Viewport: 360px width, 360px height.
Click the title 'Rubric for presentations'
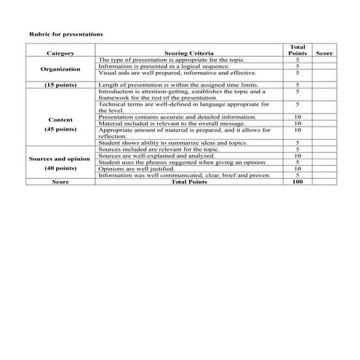[x=65, y=34]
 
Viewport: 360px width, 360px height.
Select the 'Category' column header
[x=60, y=53]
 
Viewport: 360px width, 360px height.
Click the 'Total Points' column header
[x=297, y=49]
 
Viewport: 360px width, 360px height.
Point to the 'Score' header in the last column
[x=325, y=53]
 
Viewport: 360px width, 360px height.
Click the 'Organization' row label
[x=60, y=69]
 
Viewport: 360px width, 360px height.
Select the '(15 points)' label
[x=60, y=85]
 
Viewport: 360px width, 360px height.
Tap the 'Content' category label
[x=60, y=119]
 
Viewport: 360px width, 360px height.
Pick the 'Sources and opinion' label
[x=60, y=159]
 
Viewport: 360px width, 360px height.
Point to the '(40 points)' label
[x=60, y=168]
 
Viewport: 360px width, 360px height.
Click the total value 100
[x=297, y=182]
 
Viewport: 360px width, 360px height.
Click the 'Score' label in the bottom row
[x=60, y=182]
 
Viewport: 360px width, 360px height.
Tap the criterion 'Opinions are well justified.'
[x=136, y=169]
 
